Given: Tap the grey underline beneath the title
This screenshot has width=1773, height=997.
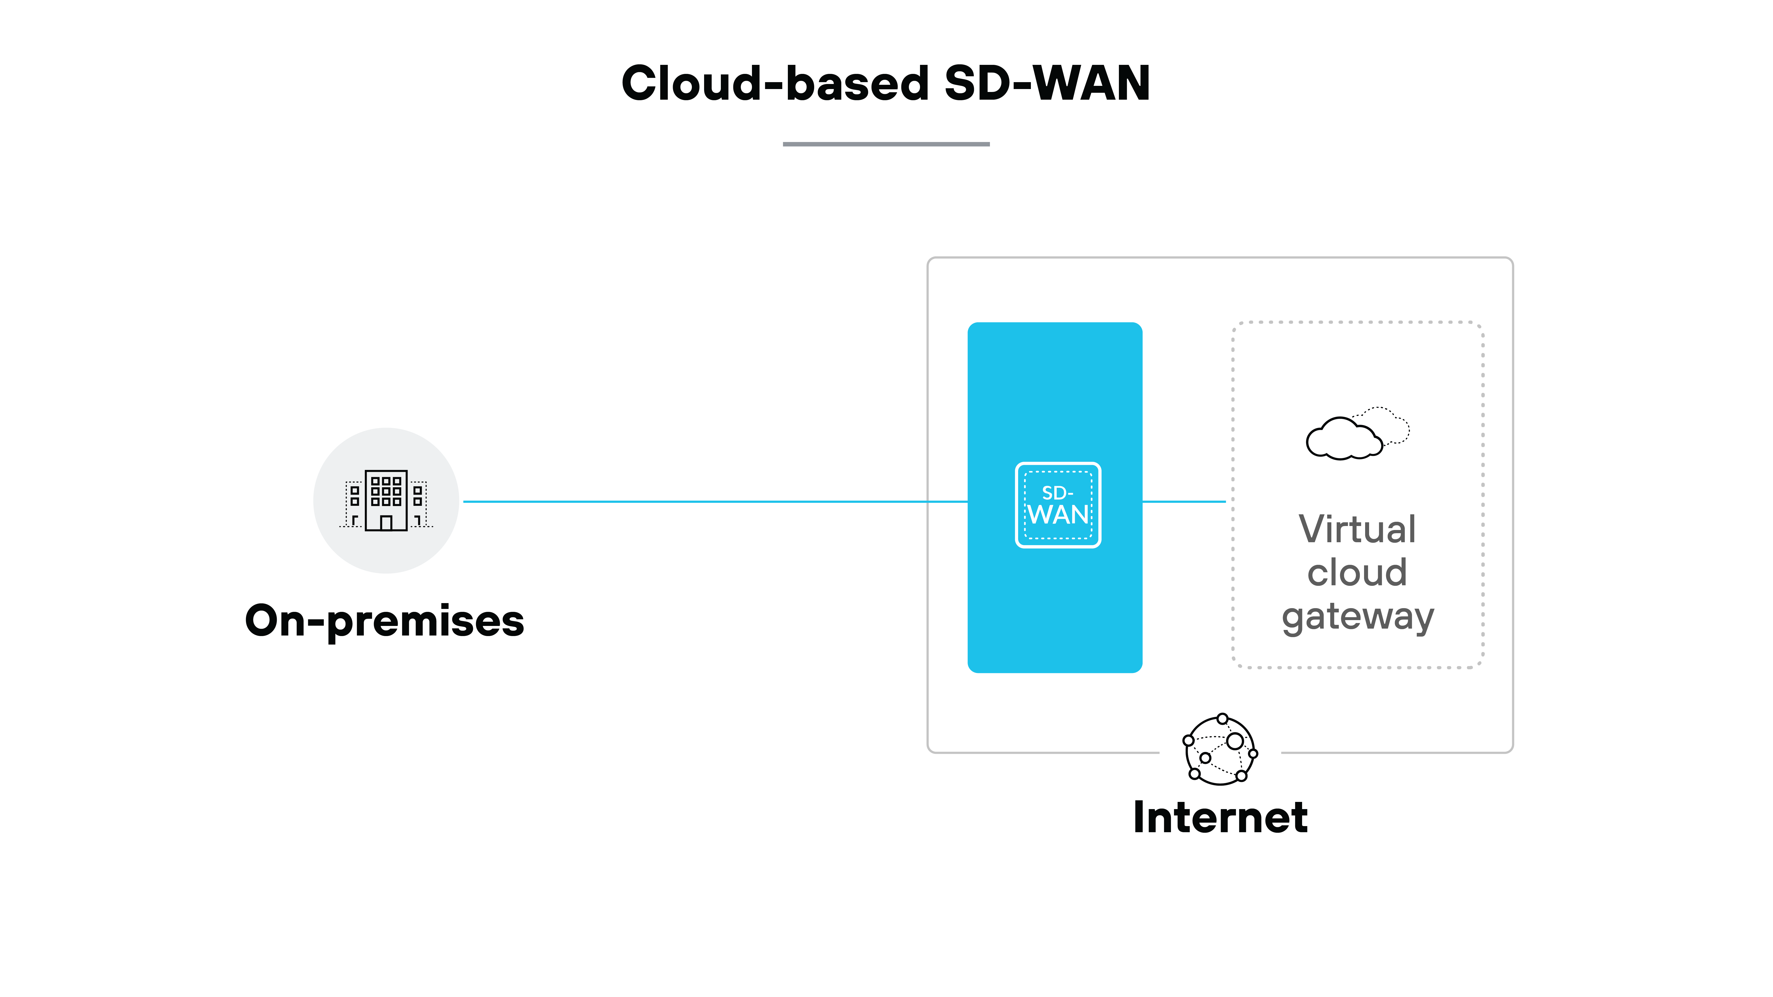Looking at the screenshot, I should [x=886, y=144].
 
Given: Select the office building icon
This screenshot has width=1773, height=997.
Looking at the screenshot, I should [x=386, y=500].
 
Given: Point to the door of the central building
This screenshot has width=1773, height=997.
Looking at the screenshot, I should [x=386, y=523].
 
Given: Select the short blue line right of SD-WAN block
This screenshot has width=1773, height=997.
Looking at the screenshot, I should [x=1184, y=502].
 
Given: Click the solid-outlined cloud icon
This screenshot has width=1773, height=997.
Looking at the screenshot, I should [x=1342, y=439].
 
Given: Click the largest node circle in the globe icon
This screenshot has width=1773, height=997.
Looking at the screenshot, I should [x=1235, y=741].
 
